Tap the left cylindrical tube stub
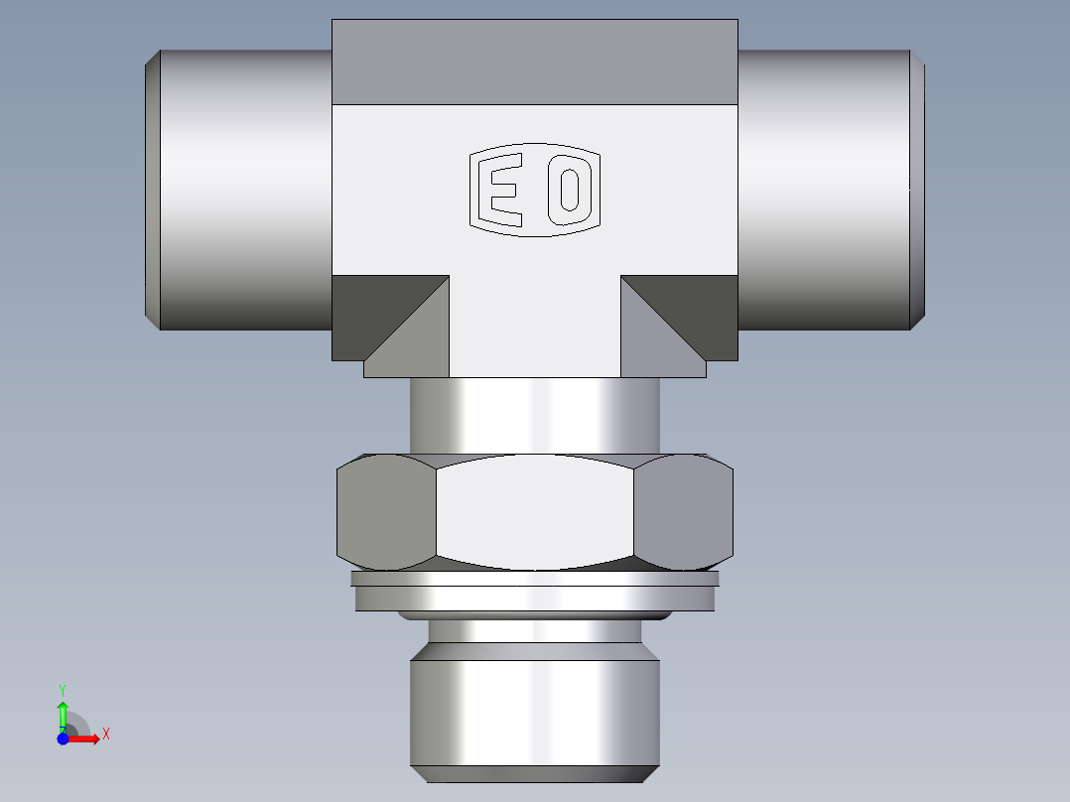[243, 189]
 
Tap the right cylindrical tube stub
[824, 189]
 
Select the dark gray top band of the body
[534, 62]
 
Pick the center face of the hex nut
[534, 512]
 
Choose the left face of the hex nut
[386, 512]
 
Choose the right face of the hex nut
[683, 512]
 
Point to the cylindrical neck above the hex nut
[534, 417]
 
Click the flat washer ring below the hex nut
[534, 594]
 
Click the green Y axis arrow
[63, 712]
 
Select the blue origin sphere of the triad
[63, 738]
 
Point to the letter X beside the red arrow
[105, 735]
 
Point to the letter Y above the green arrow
[63, 689]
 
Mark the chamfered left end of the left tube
[152, 189]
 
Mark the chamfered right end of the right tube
[919, 189]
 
